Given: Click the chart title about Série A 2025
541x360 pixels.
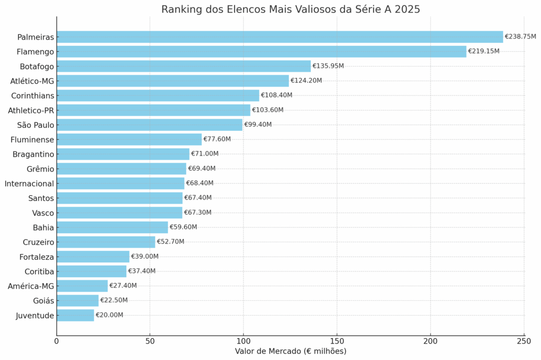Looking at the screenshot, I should tap(291, 10).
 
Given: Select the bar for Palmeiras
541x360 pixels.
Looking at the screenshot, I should tap(279, 37).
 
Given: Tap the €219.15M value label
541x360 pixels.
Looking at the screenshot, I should tap(483, 51).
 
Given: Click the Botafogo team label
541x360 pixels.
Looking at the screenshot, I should tap(36, 66).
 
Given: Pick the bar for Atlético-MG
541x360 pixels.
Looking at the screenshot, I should tap(173, 81).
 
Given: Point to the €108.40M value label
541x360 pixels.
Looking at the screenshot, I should tap(276, 95).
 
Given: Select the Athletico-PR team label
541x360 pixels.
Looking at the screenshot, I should tap(31, 110).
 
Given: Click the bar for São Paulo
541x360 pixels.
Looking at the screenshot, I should tap(150, 125).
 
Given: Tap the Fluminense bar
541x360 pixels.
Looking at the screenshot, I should tap(129, 139).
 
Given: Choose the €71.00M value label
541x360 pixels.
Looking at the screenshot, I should tap(204, 154).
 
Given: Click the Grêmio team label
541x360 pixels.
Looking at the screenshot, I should tap(40, 168).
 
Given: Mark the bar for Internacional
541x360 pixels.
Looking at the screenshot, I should tap(120, 183).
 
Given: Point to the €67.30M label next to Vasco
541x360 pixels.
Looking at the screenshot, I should tap(198, 212).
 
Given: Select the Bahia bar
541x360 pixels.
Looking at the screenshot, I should tap(112, 227).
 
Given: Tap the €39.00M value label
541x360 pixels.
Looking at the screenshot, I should tap(144, 256).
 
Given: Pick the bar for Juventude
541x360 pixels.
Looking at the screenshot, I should tap(75, 315).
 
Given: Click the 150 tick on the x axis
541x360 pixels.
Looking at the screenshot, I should tap(337, 341).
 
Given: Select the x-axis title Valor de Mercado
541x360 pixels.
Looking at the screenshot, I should tap(290, 352).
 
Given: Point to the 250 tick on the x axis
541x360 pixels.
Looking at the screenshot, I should tap(524, 341).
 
